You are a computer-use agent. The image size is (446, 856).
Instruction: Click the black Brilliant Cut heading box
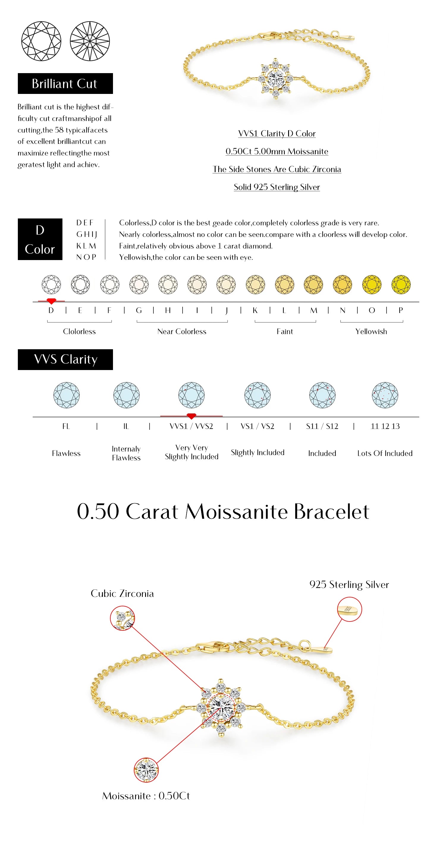click(65, 84)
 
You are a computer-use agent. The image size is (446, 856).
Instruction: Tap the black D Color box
click(40, 239)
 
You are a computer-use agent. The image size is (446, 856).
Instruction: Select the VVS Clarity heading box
click(65, 360)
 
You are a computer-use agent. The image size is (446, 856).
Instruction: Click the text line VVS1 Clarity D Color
click(277, 133)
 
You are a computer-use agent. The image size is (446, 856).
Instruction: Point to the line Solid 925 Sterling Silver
click(277, 187)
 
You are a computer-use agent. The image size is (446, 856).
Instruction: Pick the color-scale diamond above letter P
click(401, 284)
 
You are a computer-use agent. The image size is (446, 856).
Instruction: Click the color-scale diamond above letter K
click(255, 284)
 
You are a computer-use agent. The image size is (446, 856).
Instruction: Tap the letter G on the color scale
click(139, 310)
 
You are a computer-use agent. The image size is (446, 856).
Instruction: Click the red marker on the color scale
click(51, 301)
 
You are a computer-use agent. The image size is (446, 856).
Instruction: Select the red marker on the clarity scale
click(191, 416)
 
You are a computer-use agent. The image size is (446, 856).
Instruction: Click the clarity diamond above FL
click(67, 395)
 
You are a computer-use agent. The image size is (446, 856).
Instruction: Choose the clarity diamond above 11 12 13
click(385, 395)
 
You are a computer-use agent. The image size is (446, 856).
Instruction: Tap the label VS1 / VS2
click(257, 426)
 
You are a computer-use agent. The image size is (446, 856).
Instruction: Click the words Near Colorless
click(182, 332)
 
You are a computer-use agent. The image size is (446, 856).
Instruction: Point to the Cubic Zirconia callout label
click(122, 594)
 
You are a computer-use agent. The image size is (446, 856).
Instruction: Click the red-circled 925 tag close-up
click(349, 609)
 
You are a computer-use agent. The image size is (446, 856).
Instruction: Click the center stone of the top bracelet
click(276, 79)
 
